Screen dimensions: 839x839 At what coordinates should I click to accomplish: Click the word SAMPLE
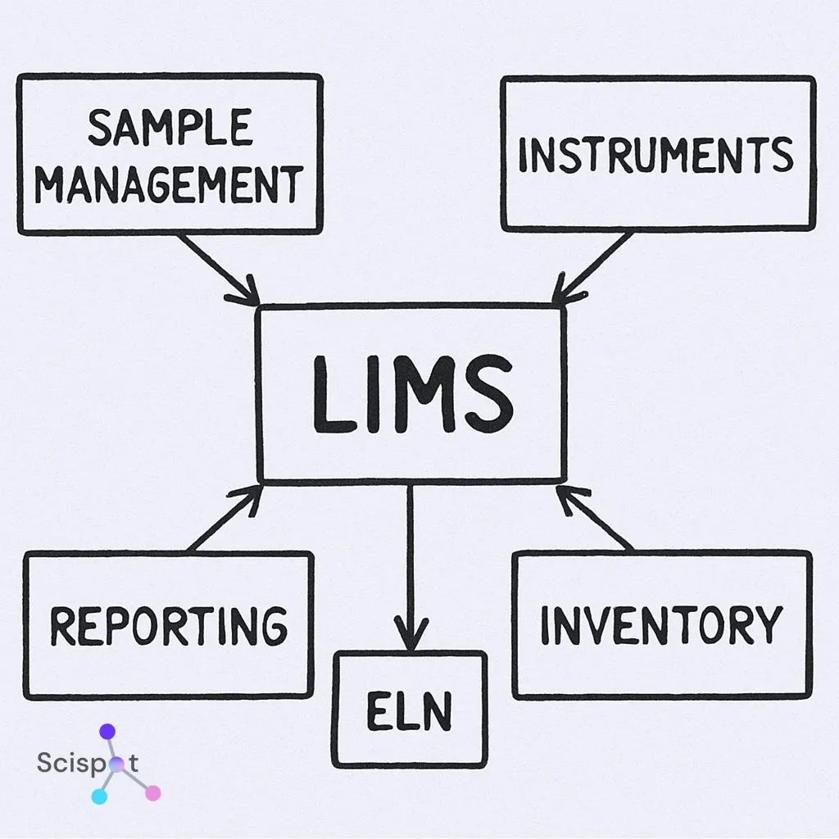click(x=170, y=129)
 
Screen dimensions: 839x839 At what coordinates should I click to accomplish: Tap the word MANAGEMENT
click(x=169, y=184)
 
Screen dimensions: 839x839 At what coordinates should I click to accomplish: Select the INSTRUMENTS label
click(x=656, y=156)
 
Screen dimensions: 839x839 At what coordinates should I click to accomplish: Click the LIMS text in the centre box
click(x=412, y=395)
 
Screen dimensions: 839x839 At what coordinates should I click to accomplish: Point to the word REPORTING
click(x=169, y=626)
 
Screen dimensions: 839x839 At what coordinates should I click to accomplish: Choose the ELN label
click(x=409, y=711)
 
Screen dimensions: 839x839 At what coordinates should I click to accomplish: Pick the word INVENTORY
click(x=661, y=625)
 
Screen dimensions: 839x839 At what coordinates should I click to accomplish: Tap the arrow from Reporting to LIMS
click(x=223, y=519)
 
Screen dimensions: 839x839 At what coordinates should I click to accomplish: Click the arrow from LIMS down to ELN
click(x=410, y=565)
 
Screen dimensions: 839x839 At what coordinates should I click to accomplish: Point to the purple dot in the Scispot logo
click(x=107, y=732)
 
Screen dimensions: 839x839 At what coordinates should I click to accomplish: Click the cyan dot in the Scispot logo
click(x=99, y=796)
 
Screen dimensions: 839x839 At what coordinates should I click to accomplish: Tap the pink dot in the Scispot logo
click(x=153, y=792)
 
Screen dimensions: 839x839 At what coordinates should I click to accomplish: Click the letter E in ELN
click(x=378, y=711)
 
